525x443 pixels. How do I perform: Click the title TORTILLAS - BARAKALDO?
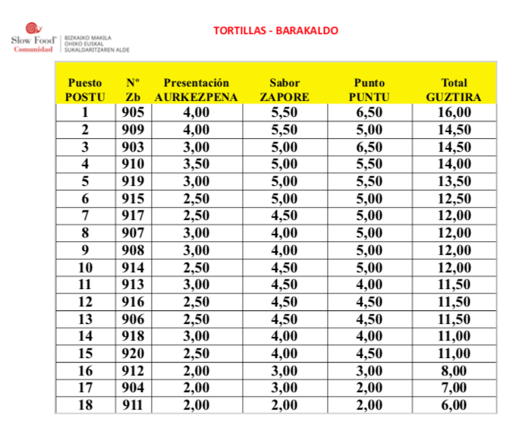275,31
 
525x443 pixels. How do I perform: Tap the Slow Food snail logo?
30,29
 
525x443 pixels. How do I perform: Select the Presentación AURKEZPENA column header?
196,90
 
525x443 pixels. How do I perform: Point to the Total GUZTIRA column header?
454,90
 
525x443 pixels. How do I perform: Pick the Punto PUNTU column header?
369,90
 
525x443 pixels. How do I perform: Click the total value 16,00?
454,113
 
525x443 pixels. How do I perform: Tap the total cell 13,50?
454,181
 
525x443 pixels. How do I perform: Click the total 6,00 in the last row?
454,405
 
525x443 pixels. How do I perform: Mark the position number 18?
85,405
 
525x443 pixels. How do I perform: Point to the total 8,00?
454,371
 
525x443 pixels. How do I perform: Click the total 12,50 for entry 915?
454,198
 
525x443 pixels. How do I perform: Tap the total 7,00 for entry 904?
454,388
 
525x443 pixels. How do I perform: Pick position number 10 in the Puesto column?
85,267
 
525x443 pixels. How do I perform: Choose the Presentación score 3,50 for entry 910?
196,164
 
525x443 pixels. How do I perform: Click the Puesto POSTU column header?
85,90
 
